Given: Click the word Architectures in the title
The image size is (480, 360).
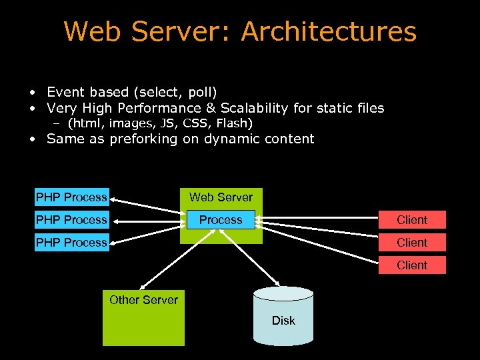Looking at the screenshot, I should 329,32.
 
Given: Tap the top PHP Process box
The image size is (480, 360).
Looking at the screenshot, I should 71,197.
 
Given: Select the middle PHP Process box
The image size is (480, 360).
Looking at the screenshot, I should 71,220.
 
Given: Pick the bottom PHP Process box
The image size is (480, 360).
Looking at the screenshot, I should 71,243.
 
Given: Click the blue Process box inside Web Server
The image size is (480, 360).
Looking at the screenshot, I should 221,220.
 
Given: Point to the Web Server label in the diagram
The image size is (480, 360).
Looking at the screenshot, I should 221,197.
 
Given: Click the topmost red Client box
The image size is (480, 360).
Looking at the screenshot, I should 412,220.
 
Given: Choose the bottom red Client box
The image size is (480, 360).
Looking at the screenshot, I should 412,265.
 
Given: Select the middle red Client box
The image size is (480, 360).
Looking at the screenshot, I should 412,243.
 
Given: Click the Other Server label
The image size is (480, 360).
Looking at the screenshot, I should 143,300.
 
